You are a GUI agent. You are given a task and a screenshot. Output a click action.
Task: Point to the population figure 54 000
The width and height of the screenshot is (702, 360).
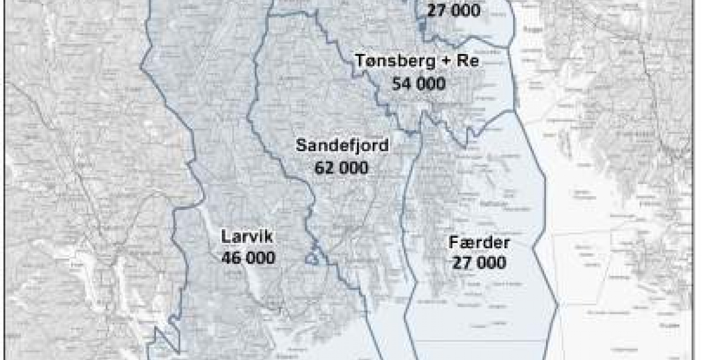pos(419,83)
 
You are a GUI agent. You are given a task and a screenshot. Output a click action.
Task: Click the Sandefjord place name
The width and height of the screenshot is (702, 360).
pos(343,146)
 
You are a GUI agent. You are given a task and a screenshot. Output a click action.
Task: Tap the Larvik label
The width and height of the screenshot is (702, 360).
pos(247,237)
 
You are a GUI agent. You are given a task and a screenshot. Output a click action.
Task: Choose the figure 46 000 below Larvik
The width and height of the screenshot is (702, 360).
pos(248,258)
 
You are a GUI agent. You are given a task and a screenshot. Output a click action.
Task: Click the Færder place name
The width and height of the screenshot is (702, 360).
pos(480,242)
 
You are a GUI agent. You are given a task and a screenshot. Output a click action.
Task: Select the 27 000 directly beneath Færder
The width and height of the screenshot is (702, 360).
pos(479,263)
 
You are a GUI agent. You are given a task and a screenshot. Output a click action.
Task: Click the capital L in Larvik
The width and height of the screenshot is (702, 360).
pos(225,237)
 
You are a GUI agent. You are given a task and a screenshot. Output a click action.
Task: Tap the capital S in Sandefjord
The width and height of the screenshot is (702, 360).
pos(301,146)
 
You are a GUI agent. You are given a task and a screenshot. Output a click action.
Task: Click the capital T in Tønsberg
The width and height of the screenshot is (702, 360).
pos(359,61)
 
